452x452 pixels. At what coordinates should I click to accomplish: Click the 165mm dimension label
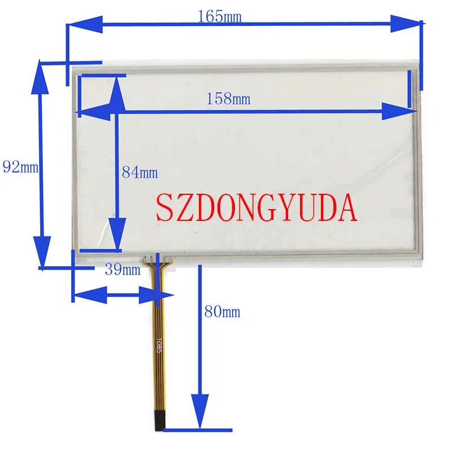pos(219,16)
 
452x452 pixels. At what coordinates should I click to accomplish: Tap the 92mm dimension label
pos(20,167)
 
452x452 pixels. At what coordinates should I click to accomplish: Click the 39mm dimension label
pos(122,270)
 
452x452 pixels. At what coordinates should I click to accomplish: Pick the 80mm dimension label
pos(222,312)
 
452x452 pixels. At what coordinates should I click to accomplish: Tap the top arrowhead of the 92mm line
pos(40,76)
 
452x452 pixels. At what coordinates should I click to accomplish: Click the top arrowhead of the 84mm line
pos(116,93)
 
